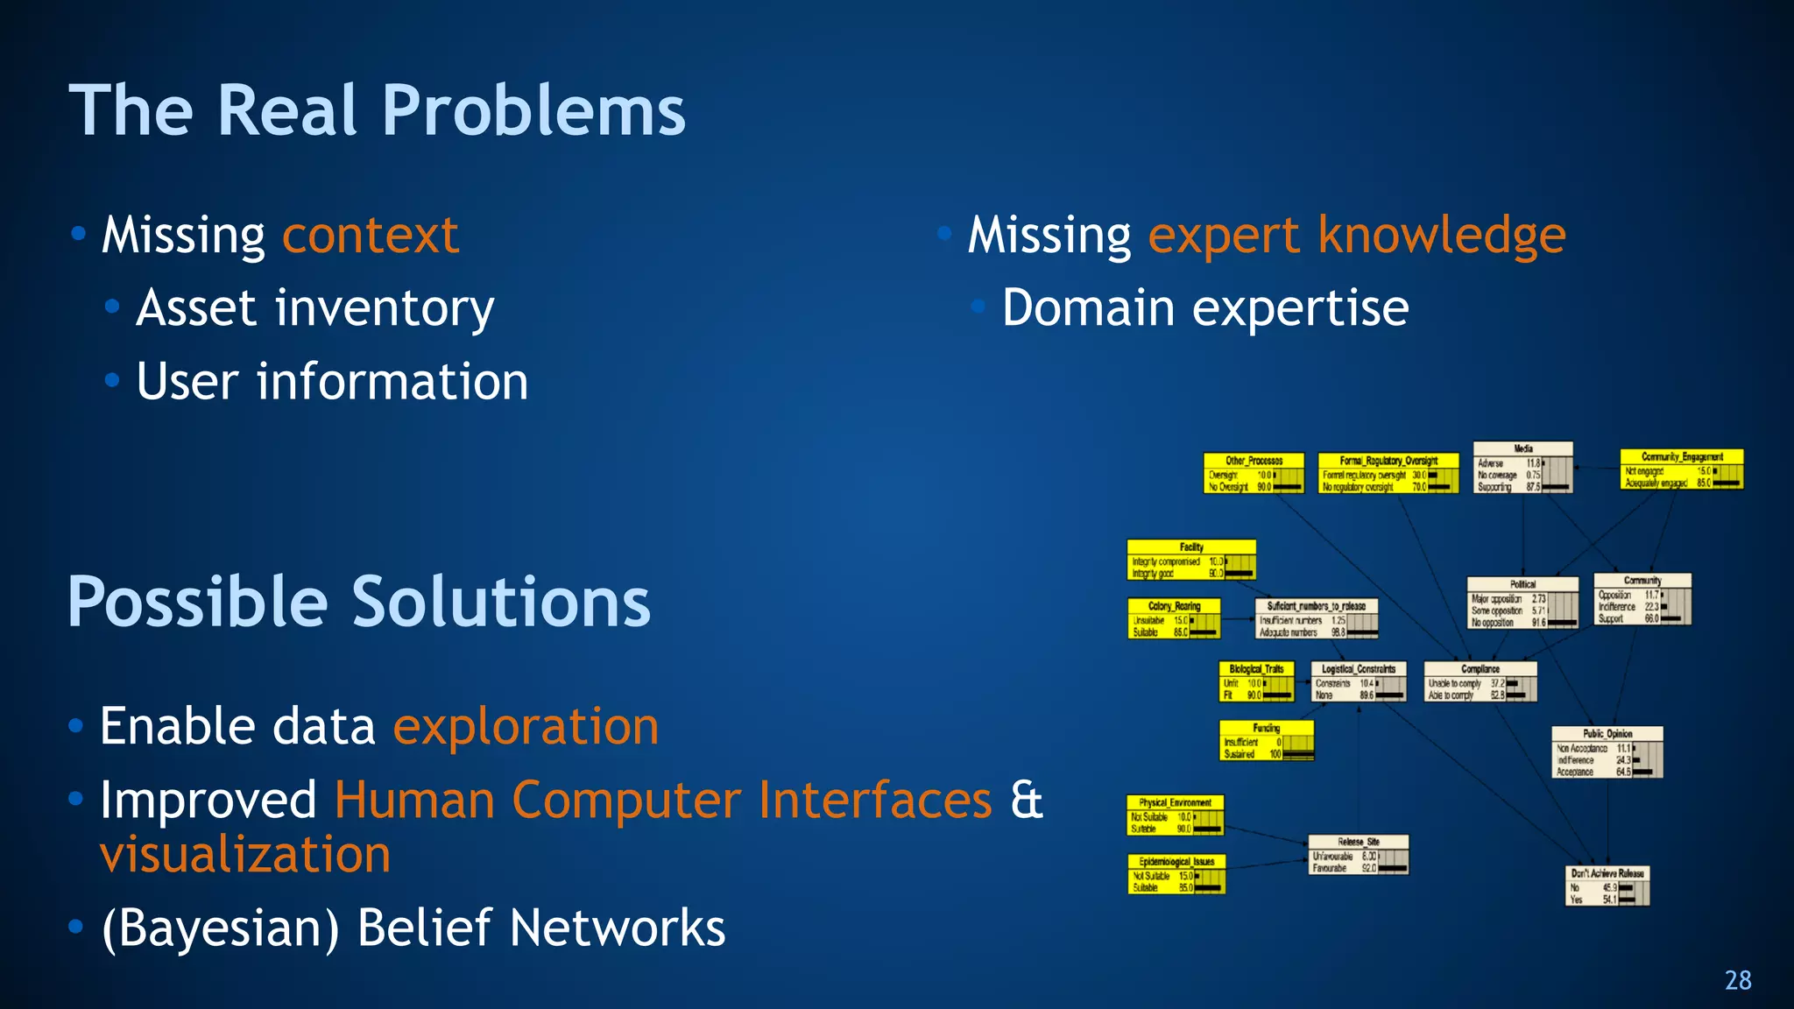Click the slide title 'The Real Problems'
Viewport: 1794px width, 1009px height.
pos(377,111)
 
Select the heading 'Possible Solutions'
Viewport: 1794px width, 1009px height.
pos(359,603)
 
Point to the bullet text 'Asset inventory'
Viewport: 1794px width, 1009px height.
pos(315,308)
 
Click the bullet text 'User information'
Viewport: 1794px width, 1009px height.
pos(332,382)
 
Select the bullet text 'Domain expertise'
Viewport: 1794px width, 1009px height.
pos(1205,308)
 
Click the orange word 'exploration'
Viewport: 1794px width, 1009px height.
pos(526,727)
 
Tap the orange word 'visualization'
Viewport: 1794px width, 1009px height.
pos(245,855)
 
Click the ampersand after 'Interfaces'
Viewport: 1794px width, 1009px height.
pos(1027,801)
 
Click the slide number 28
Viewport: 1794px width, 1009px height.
pos(1738,980)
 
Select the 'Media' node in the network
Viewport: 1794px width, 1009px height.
pos(1522,468)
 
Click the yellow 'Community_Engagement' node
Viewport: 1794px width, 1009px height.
pos(1681,469)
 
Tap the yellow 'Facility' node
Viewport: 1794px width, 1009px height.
pos(1191,560)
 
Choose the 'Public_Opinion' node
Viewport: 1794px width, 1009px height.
pos(1607,752)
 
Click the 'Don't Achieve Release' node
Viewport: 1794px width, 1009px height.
pos(1607,886)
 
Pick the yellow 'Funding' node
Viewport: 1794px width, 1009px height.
pos(1266,740)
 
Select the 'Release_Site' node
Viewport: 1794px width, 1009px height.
pos(1358,855)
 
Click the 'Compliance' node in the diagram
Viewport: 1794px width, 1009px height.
pos(1480,681)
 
